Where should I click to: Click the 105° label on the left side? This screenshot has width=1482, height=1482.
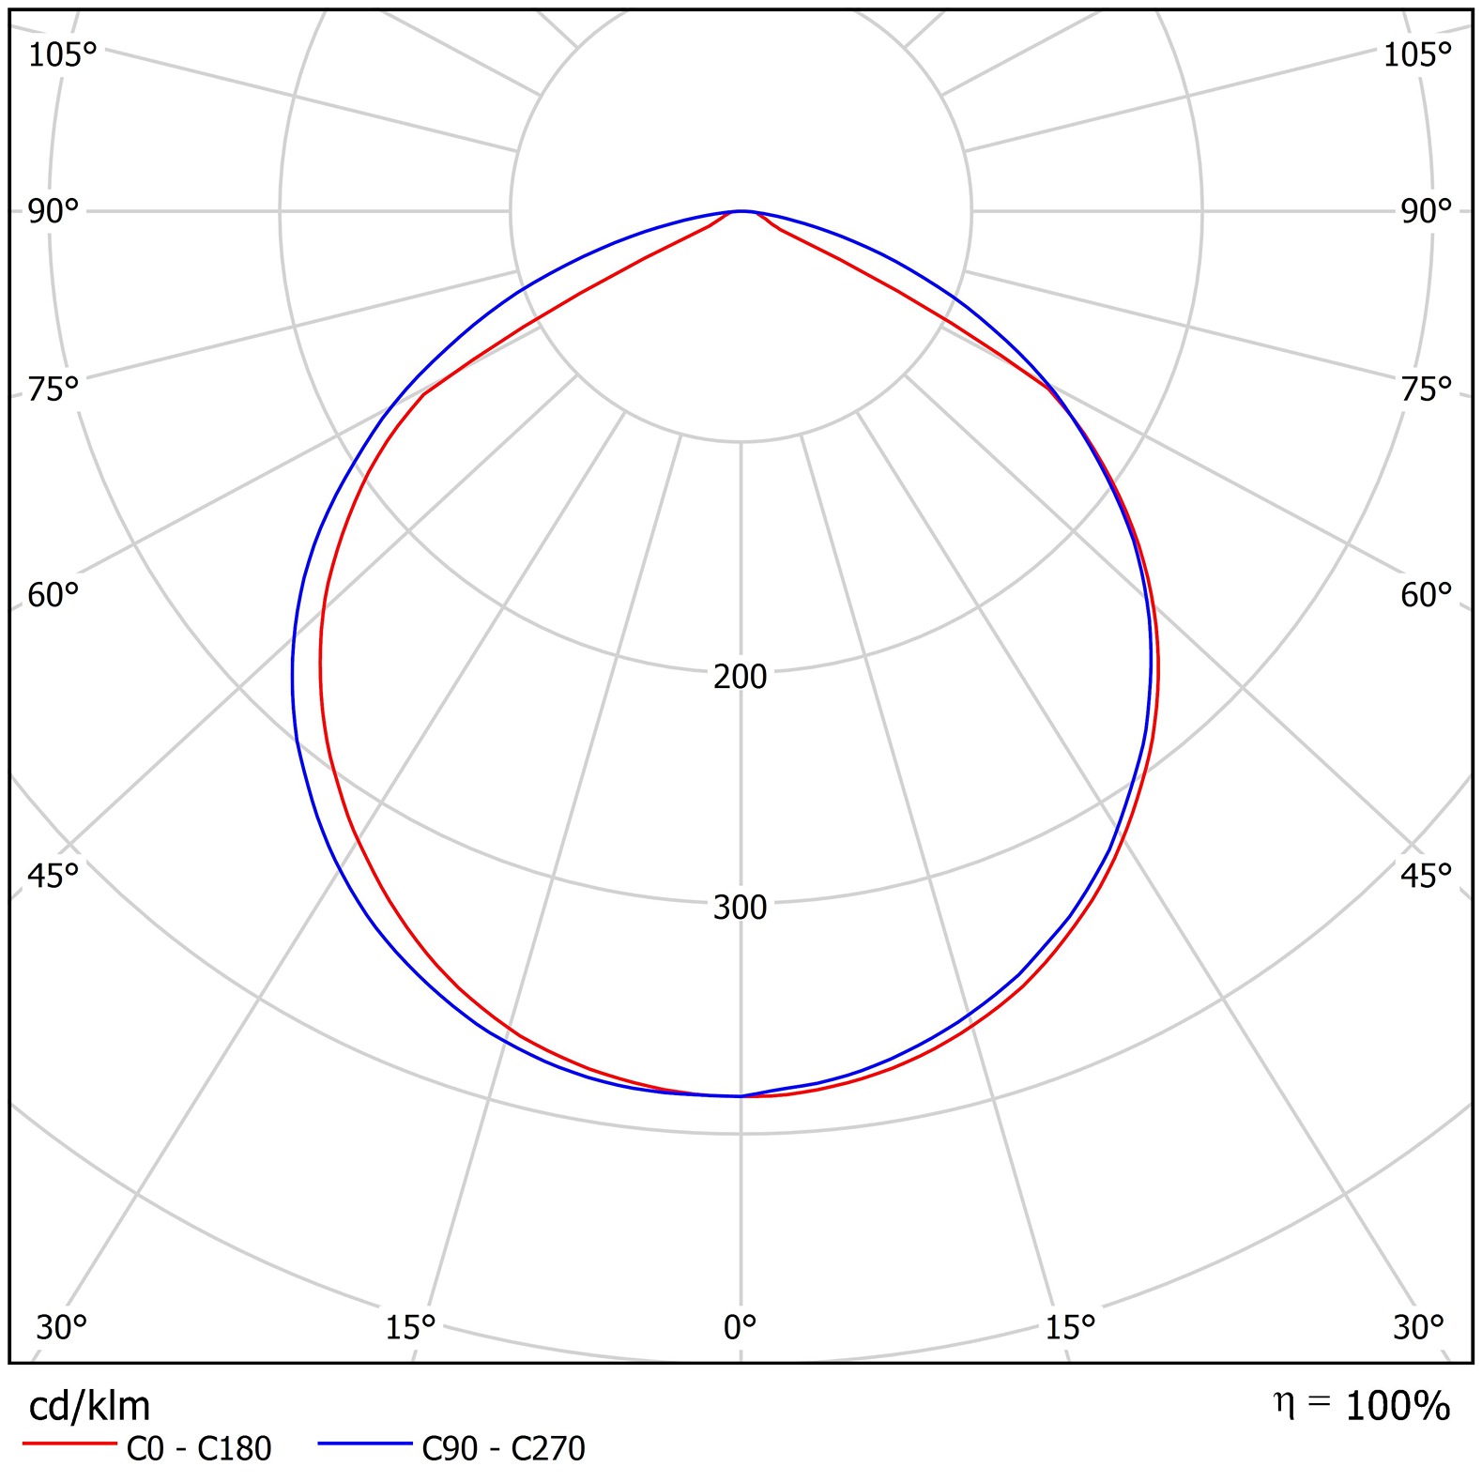tap(62, 55)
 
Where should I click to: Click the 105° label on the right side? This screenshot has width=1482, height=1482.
tap(1417, 55)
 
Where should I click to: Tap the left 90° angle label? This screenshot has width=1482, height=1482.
tap(53, 212)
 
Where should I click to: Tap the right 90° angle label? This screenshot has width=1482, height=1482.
tap(1426, 212)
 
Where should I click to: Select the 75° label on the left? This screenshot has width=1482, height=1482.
tap(53, 389)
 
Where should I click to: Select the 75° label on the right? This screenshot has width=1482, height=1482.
tap(1426, 389)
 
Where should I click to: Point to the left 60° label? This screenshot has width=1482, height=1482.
tap(53, 595)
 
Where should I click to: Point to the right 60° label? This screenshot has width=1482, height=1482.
tap(1426, 595)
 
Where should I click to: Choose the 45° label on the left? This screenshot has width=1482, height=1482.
tap(53, 876)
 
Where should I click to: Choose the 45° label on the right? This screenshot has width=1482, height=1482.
tap(1426, 876)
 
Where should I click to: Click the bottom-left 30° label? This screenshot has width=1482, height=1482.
tap(61, 1328)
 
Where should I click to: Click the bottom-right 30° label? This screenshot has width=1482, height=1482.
tap(1418, 1328)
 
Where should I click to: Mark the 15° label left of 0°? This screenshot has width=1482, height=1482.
tap(410, 1328)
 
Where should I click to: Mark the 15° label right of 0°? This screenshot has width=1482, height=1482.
tap(1070, 1328)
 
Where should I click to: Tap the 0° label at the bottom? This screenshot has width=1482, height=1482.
tap(740, 1328)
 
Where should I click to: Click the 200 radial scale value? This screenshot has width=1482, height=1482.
tap(740, 677)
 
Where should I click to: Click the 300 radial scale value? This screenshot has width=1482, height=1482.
tap(740, 908)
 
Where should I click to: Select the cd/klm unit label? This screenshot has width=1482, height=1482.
tap(89, 1406)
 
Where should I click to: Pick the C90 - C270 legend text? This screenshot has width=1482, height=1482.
tap(503, 1449)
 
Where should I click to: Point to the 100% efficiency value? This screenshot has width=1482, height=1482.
tap(1398, 1406)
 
